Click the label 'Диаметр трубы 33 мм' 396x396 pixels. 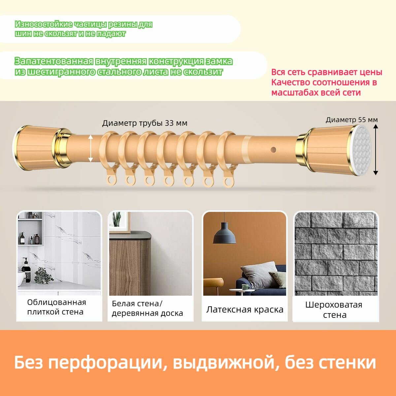(145, 123)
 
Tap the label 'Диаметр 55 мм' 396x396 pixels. (351, 120)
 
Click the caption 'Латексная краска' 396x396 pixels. (245, 310)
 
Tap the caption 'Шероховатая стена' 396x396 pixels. (334, 310)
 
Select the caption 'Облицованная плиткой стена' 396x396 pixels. (56, 307)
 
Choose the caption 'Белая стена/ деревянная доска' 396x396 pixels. (147, 308)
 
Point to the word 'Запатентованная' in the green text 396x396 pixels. (54, 61)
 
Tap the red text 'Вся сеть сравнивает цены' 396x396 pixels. (327, 72)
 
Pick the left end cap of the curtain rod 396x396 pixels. (35, 148)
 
